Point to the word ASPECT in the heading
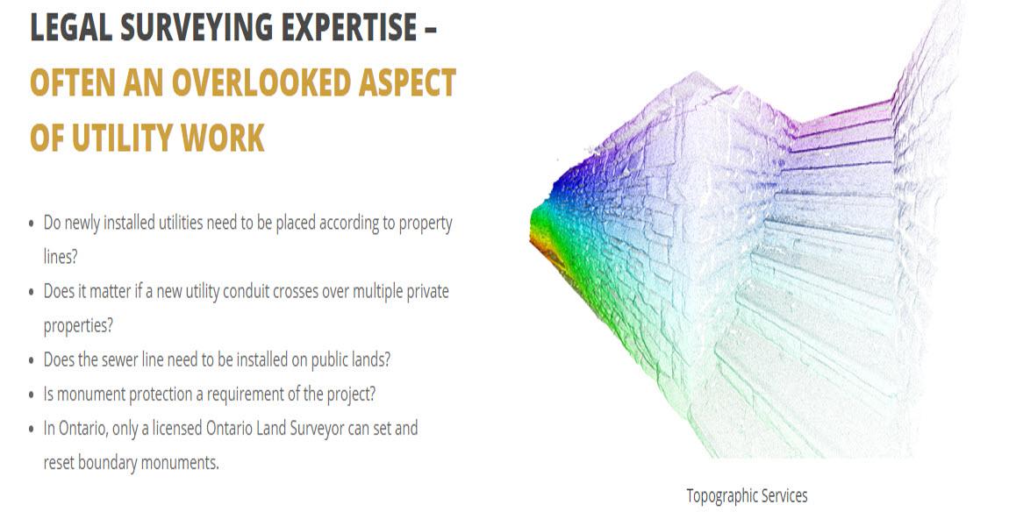click(x=407, y=83)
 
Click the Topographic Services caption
click(x=747, y=496)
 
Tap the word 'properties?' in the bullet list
click(x=78, y=326)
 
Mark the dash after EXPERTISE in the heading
click(x=430, y=30)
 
